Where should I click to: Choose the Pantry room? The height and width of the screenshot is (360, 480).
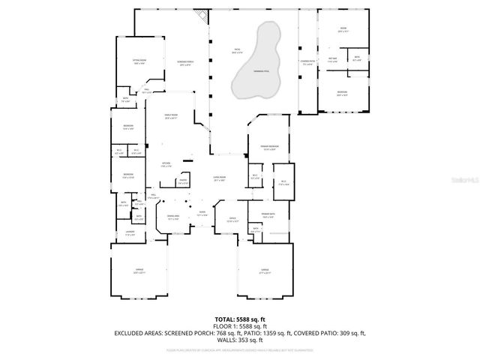point(182,181)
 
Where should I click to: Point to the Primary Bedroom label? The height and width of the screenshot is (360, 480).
point(270,148)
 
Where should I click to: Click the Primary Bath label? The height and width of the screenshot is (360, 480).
point(268,215)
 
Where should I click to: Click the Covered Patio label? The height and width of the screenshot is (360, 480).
point(307,63)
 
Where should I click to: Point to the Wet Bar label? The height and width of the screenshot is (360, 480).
point(331,61)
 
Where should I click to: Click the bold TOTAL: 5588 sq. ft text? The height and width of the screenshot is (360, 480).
point(239,319)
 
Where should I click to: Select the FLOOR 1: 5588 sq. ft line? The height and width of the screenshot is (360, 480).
point(239,326)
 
